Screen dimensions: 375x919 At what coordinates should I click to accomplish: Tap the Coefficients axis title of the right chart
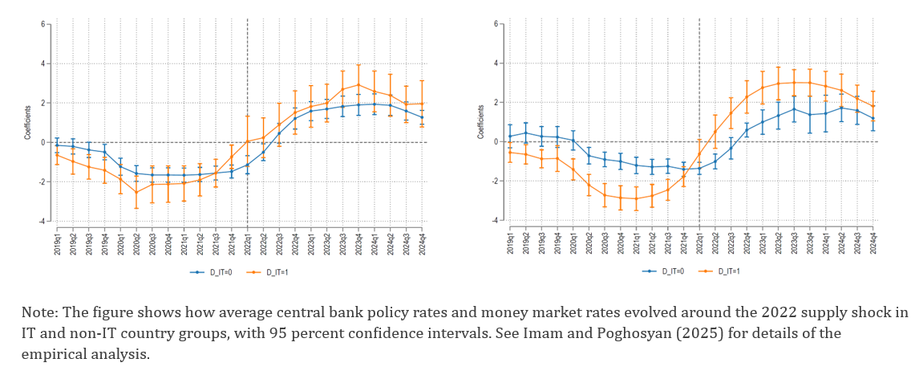pyautogui.click(x=480, y=122)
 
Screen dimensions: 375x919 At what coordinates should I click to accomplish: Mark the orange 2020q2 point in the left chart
pyautogui.click(x=136, y=192)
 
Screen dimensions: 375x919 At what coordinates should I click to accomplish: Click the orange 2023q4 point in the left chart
pyautogui.click(x=358, y=84)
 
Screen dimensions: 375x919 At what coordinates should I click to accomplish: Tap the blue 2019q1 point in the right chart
pyautogui.click(x=510, y=137)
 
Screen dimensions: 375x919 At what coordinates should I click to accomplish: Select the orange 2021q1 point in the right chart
pyautogui.click(x=636, y=198)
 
